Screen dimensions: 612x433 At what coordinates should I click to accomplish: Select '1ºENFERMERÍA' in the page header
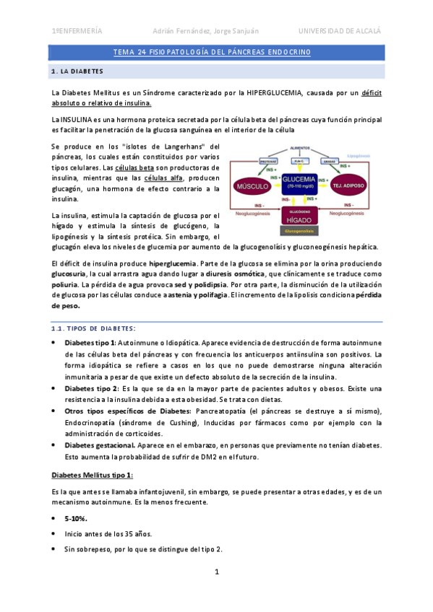(x=77, y=31)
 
